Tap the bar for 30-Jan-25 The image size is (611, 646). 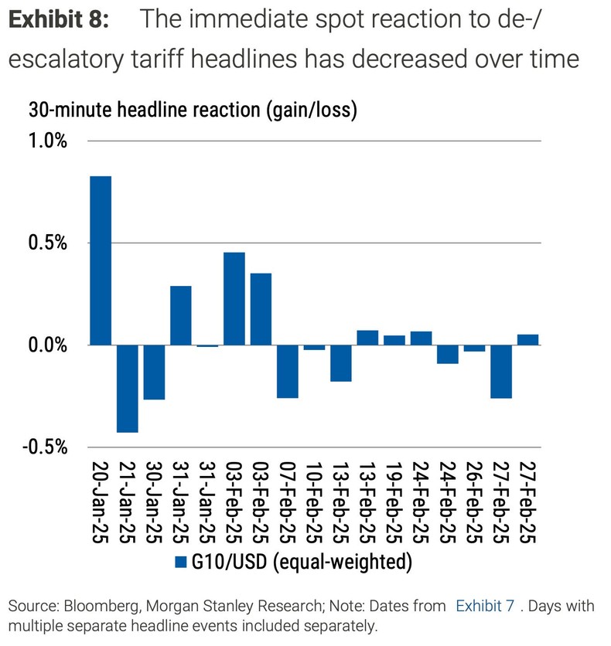(154, 372)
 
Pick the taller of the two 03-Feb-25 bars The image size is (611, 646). (234, 298)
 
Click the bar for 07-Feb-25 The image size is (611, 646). (288, 371)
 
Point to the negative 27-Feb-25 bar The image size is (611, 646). (501, 371)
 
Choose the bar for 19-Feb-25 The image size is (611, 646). (394, 340)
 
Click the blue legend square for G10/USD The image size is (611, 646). (183, 563)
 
